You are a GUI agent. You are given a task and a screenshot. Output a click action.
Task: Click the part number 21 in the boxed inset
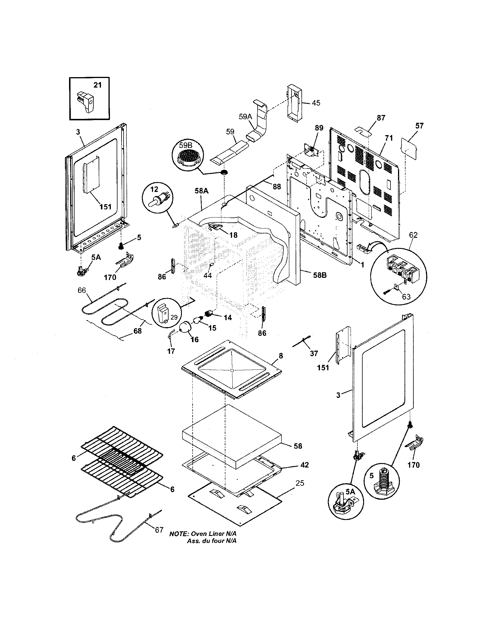(x=97, y=85)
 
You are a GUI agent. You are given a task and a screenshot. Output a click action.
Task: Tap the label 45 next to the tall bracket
(x=316, y=103)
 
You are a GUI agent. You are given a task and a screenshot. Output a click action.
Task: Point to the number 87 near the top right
(x=381, y=118)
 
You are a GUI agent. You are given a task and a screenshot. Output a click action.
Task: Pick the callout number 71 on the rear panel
(x=388, y=138)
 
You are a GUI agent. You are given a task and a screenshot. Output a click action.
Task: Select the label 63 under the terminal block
(x=406, y=297)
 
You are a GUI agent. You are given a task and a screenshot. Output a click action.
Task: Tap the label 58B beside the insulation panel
(x=320, y=275)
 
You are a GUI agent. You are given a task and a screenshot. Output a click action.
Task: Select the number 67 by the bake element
(x=159, y=530)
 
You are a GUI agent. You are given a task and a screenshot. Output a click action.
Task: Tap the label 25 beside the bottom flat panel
(x=300, y=483)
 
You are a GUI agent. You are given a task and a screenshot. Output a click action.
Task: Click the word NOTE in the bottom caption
(x=179, y=534)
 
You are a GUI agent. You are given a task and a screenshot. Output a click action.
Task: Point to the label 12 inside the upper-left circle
(x=154, y=190)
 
